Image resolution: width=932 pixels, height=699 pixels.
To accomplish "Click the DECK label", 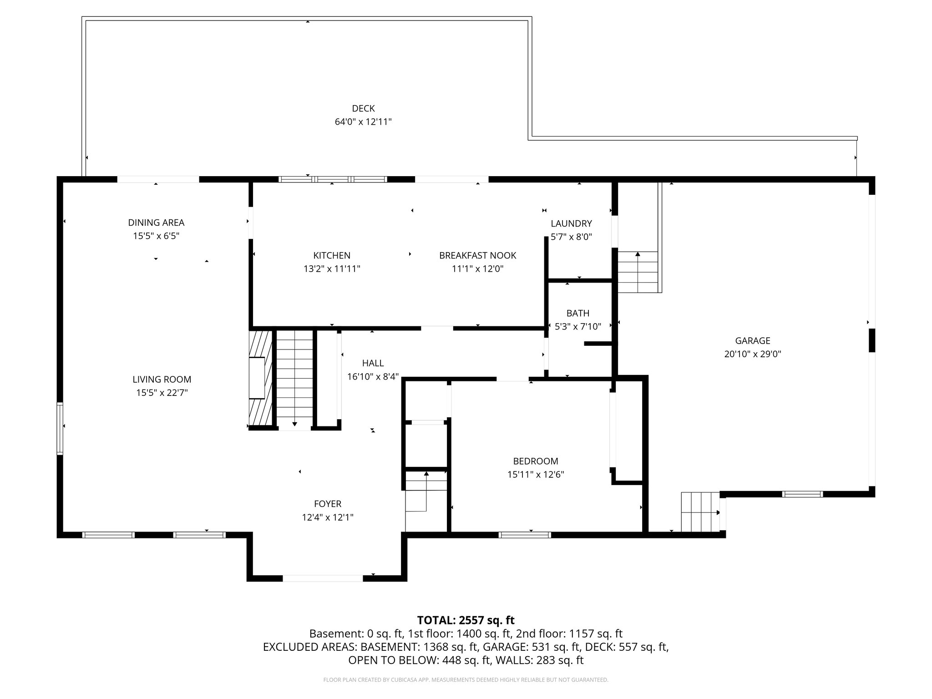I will click(x=363, y=108).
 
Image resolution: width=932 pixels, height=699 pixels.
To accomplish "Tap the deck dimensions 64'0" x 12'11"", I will click(x=363, y=122).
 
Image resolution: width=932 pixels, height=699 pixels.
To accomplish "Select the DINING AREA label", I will click(x=156, y=223).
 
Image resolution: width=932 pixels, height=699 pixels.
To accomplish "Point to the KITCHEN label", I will click(x=332, y=255).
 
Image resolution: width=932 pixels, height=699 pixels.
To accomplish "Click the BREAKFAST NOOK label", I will click(x=477, y=255).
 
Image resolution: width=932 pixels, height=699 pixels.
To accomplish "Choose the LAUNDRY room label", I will click(x=571, y=223).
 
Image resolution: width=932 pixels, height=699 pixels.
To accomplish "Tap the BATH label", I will click(x=578, y=313).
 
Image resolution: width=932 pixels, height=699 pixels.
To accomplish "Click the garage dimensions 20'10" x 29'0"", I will click(x=753, y=354).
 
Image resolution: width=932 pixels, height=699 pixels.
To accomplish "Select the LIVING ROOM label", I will click(x=162, y=379).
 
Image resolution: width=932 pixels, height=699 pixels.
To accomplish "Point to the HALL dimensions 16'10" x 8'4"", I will click(x=373, y=376).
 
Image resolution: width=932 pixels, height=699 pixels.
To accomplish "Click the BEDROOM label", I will click(x=536, y=461).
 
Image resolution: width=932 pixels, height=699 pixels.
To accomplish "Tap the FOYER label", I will click(x=328, y=504).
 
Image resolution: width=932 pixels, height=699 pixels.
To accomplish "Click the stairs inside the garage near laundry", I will click(x=638, y=272).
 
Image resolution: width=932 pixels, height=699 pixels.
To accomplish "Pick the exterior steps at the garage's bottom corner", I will click(x=700, y=512).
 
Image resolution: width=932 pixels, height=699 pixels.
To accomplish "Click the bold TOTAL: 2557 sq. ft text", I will click(x=466, y=620).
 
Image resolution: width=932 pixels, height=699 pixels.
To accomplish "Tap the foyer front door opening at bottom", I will click(x=323, y=578).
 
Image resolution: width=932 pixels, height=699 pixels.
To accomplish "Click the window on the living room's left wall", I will click(x=60, y=428).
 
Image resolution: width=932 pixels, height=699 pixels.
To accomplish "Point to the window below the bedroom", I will click(x=525, y=535).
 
